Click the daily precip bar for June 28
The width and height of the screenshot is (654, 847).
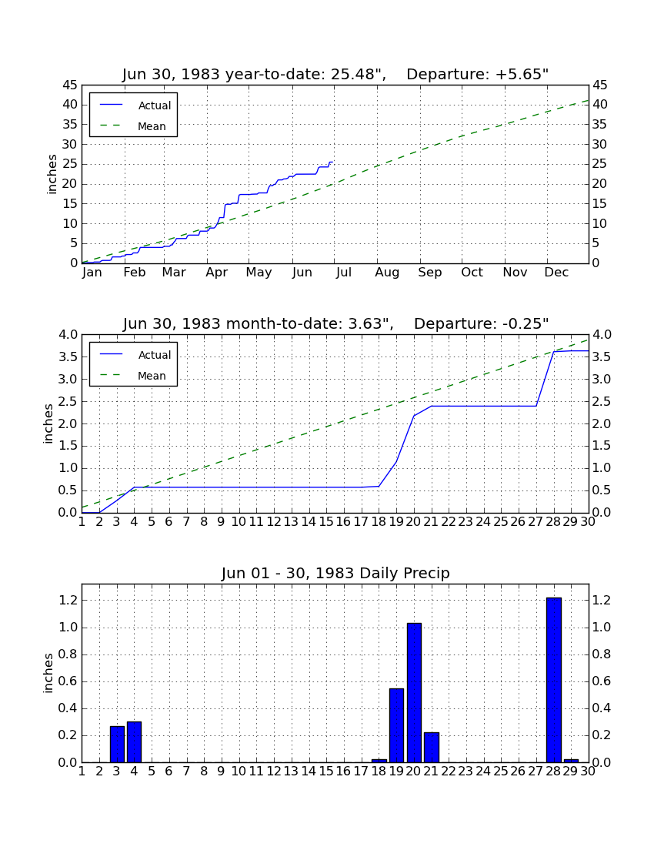(x=554, y=680)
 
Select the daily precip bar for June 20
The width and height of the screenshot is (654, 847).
(x=414, y=692)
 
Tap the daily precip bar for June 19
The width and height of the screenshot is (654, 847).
(x=396, y=725)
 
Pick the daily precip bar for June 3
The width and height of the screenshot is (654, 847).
(x=117, y=744)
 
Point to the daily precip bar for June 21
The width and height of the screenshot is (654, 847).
(x=432, y=747)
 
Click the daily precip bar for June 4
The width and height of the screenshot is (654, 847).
(x=135, y=742)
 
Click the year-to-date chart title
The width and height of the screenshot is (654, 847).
(x=335, y=74)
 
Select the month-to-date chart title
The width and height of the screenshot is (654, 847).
(x=335, y=323)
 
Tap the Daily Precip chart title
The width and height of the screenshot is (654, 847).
(x=335, y=573)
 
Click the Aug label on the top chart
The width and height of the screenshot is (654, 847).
(x=387, y=273)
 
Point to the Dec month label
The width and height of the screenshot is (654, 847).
(x=556, y=273)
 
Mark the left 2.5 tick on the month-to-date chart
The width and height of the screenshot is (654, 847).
(x=68, y=401)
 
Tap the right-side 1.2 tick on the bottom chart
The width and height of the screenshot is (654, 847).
(x=602, y=600)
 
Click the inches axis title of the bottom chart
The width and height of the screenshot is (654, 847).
(x=48, y=673)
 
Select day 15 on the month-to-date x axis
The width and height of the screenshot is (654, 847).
(x=326, y=522)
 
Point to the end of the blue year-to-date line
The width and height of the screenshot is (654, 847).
(x=332, y=162)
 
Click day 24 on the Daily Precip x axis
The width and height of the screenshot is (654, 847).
(x=483, y=772)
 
